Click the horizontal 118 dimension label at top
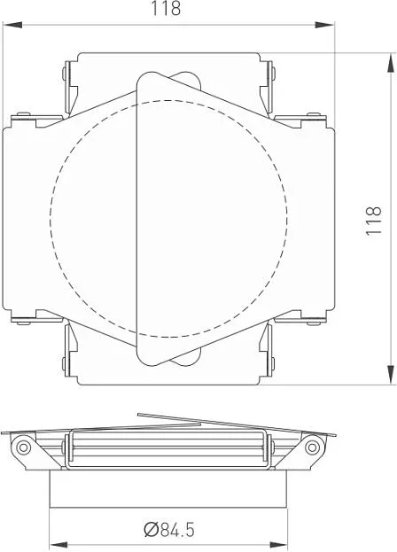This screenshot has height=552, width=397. tap(166, 9)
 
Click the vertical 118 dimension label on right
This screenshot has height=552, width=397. tap(374, 221)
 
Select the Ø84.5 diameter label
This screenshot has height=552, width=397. tap(169, 530)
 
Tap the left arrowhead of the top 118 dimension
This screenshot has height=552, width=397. tap(12, 25)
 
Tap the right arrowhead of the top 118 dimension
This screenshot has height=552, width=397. tap(324, 25)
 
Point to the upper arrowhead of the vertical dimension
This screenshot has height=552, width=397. tap(391, 63)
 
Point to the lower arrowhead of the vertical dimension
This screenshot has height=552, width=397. tap(391, 375)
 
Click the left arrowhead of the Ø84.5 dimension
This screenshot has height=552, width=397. tap(58, 545)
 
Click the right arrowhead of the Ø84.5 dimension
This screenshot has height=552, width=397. tap(278, 545)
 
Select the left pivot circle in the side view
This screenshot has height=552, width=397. tap(24, 447)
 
